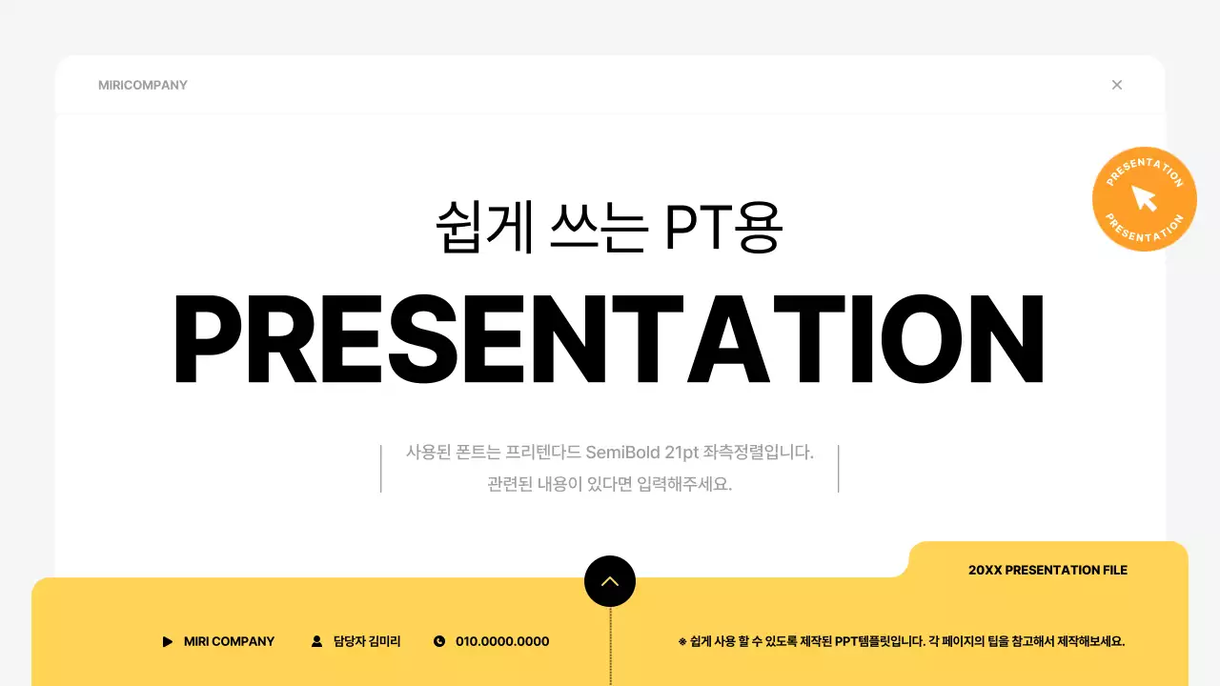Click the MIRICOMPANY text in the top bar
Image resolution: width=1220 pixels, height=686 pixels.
[x=143, y=85]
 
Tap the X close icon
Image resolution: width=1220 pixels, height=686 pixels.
[x=1117, y=85]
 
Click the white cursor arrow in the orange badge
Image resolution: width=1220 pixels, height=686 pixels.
[x=1144, y=198]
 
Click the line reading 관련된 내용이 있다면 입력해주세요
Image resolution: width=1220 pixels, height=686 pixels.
[x=609, y=483]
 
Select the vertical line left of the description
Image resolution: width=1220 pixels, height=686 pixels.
[x=381, y=468]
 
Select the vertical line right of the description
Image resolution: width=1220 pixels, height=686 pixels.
[x=839, y=468]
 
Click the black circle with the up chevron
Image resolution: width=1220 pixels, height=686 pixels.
[x=610, y=581]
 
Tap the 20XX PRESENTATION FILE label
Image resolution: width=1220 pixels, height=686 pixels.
[x=1047, y=570]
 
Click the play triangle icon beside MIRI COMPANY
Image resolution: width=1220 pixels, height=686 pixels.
[x=168, y=642]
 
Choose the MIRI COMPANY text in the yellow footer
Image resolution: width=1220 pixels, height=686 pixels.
[x=229, y=642]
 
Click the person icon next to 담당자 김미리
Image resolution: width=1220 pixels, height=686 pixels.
[x=317, y=642]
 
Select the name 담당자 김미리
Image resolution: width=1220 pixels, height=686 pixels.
[x=367, y=642]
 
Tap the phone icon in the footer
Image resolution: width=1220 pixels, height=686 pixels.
[x=439, y=642]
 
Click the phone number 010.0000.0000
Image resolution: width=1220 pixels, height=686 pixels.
[x=502, y=642]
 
